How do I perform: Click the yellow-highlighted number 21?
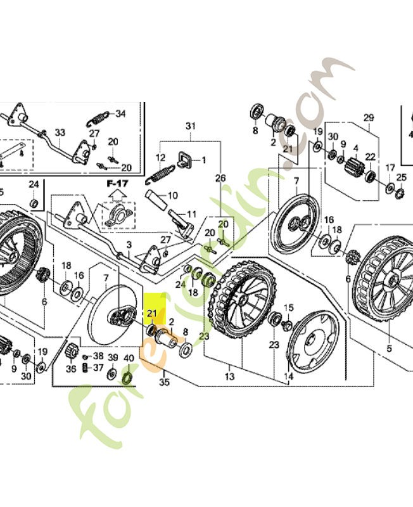click(x=152, y=313)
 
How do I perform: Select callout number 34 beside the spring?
click(x=120, y=114)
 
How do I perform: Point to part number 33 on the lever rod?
click(x=60, y=132)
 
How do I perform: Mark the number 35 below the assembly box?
click(x=164, y=382)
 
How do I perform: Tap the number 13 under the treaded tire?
click(x=229, y=376)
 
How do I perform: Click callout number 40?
click(x=128, y=358)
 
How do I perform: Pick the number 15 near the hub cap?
click(x=289, y=307)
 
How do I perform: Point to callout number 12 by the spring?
click(x=160, y=157)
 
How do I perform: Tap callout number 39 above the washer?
click(x=112, y=358)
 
